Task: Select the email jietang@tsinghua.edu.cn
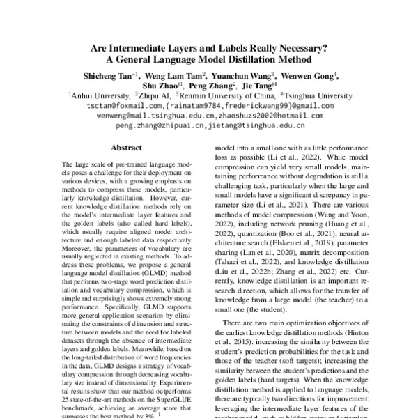coord(256,127)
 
